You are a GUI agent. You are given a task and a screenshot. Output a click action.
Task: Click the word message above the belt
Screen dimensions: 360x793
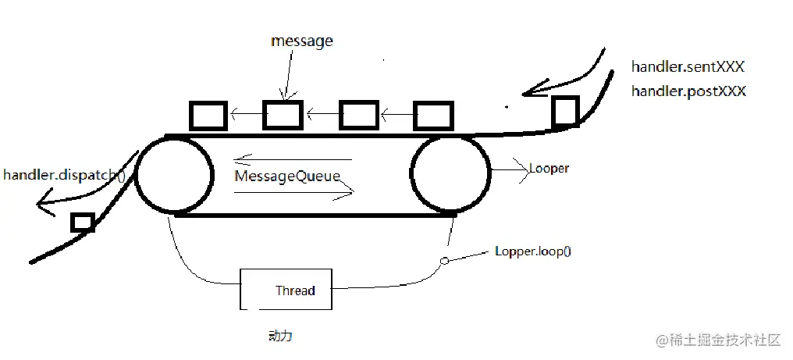(302, 41)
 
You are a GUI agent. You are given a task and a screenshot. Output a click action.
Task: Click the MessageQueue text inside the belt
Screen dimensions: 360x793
(288, 176)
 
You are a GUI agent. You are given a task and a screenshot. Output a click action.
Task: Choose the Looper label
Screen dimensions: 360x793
(549, 169)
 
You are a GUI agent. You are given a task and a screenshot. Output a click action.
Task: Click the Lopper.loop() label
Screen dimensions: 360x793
(533, 252)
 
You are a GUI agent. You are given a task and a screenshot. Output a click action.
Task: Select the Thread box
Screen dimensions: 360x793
(286, 290)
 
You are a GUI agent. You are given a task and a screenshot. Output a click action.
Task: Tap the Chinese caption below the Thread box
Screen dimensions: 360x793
(279, 336)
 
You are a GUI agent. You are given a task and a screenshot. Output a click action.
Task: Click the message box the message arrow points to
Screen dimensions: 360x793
(283, 115)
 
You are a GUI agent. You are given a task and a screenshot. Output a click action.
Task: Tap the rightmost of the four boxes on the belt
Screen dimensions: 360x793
(432, 115)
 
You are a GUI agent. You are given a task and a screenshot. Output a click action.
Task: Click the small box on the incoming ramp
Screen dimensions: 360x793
(565, 112)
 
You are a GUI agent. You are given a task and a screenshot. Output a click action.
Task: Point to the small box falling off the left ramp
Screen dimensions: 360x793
(82, 222)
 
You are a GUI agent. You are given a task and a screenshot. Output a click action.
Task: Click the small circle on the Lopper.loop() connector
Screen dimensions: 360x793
(445, 261)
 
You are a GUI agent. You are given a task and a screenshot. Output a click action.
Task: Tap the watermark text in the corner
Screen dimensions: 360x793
(718, 340)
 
